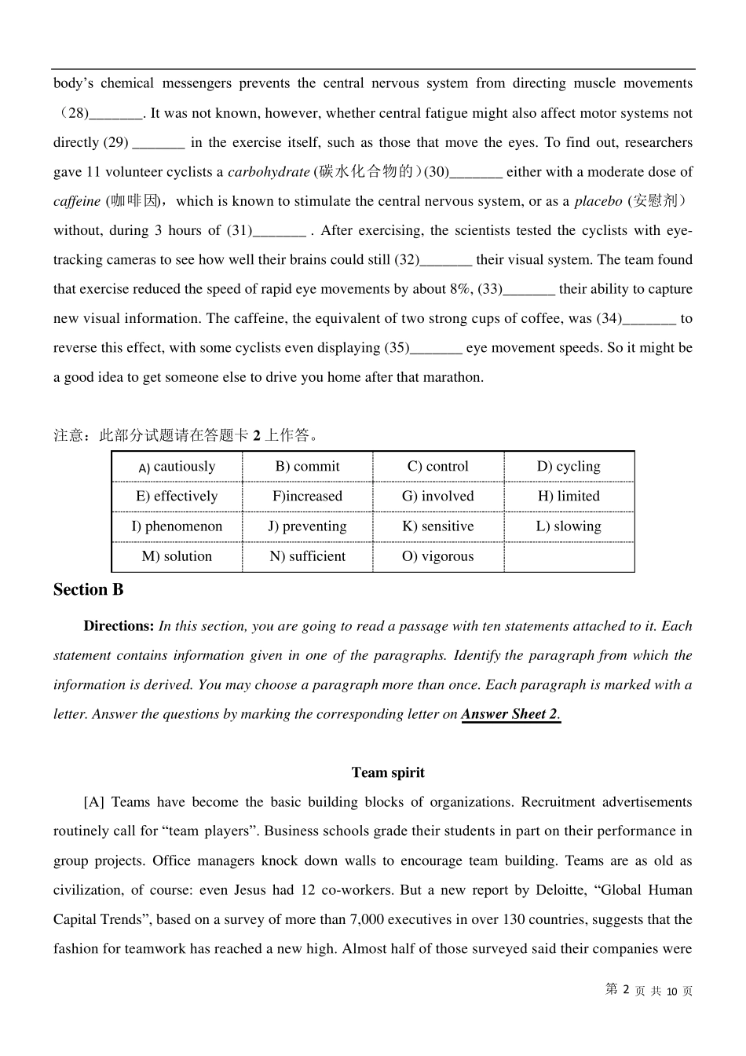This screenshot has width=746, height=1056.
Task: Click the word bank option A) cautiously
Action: pos(177,467)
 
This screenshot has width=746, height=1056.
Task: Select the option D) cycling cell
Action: pos(569,467)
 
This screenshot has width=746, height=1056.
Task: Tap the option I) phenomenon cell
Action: pos(177,526)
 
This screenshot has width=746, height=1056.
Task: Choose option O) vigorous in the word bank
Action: pos(438,556)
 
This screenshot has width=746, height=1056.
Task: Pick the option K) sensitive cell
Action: pos(438,526)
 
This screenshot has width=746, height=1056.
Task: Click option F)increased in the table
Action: pos(307,497)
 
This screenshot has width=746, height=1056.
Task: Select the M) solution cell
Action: pos(177,556)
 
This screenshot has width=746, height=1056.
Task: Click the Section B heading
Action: pos(88,590)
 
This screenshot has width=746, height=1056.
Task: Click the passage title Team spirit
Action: pos(388,772)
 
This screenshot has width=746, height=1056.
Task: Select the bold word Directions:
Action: pos(119,626)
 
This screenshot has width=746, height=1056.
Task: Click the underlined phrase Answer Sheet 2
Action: pos(510,714)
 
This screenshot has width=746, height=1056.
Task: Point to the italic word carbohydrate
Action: pos(269,172)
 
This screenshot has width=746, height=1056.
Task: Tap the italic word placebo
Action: pos(598,201)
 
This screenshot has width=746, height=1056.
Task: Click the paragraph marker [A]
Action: pos(93,802)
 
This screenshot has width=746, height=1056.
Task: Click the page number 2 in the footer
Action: pos(626,990)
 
